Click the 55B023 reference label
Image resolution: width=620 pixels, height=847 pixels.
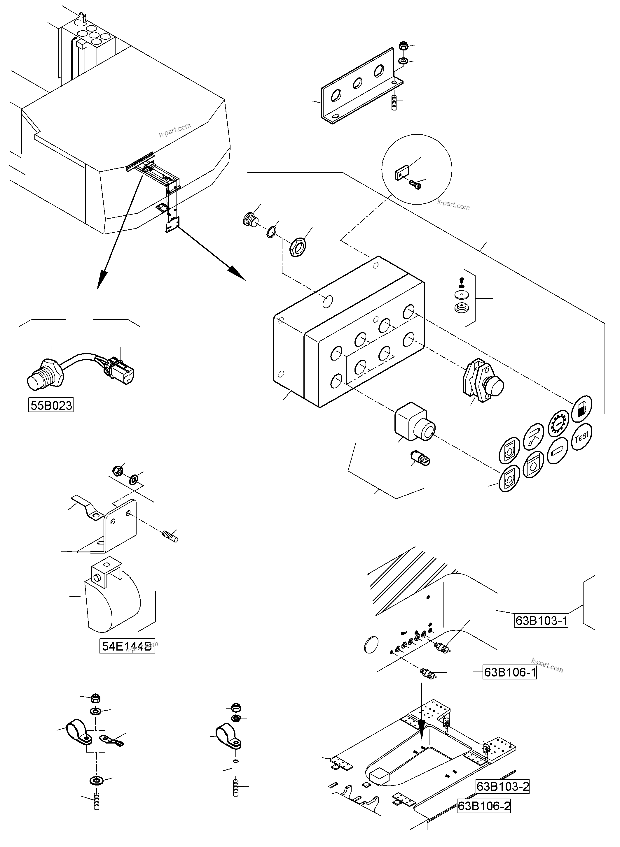click(51, 405)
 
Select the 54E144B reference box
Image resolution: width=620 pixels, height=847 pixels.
click(127, 646)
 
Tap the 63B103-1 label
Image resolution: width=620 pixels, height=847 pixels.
click(541, 621)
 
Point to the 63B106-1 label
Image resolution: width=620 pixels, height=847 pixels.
click(509, 672)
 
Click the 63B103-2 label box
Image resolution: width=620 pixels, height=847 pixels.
click(502, 786)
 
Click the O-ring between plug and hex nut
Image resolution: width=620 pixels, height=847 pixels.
click(273, 232)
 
